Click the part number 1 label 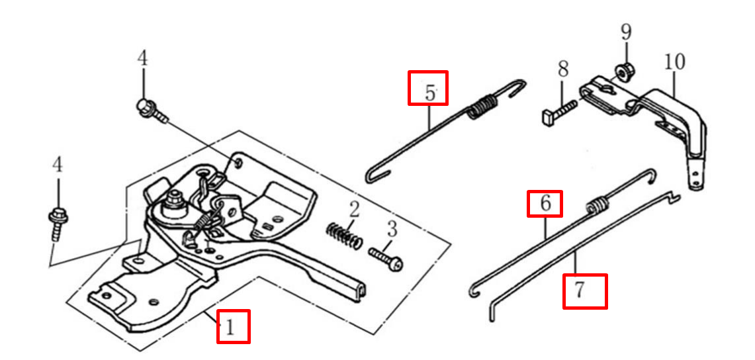pos(230,328)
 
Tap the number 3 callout pos(392,229)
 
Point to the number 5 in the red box pos(429,93)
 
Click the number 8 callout pos(563,69)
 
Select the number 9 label pos(625,32)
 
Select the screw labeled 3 pos(386,257)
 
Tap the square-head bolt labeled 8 pos(559,111)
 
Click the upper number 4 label pos(142,59)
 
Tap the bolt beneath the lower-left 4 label pos(58,223)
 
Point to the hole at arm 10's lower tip pos(695,182)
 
